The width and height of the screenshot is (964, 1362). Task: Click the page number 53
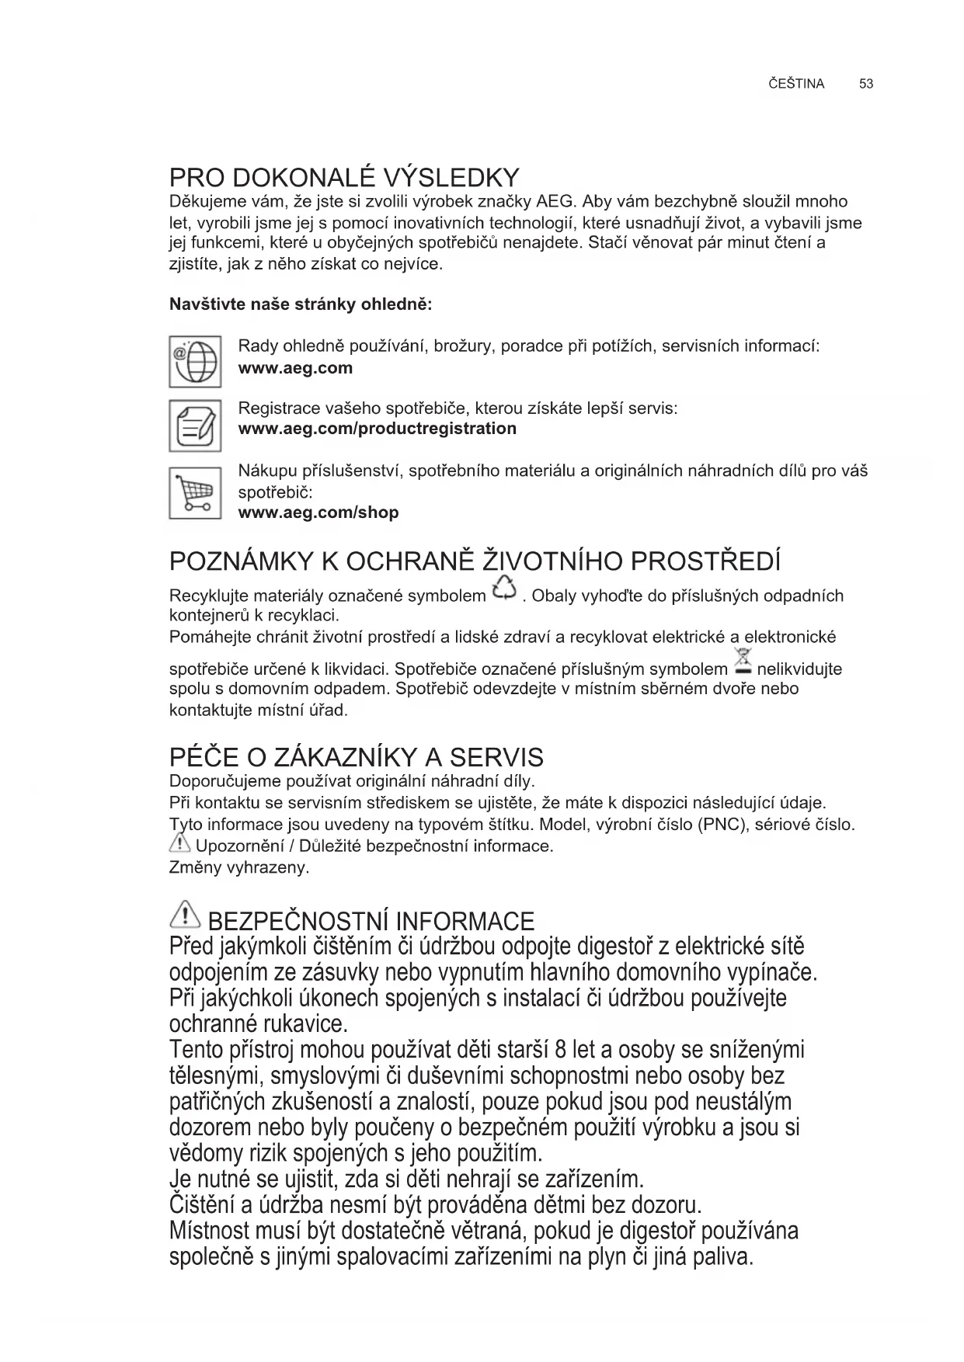click(x=866, y=84)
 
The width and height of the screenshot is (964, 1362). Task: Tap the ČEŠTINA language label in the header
click(x=795, y=84)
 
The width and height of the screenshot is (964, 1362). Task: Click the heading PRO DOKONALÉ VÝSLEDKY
click(x=344, y=177)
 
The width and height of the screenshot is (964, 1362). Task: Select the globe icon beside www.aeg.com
click(x=195, y=361)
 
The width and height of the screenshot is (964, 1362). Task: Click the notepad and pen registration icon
click(x=195, y=426)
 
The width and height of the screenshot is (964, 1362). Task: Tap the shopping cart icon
click(x=195, y=492)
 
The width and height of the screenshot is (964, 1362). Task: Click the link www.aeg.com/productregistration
click(x=377, y=429)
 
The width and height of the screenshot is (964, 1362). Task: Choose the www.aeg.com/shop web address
click(x=318, y=512)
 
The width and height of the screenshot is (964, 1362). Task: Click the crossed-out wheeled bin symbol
click(x=742, y=660)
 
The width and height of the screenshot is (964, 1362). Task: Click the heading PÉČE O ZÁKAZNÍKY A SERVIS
click(x=356, y=757)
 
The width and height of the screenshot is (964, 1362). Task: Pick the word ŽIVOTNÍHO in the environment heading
click(x=552, y=561)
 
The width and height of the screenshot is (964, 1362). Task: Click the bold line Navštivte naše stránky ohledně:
click(x=301, y=304)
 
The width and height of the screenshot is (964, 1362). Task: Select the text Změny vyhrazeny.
click(x=239, y=867)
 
